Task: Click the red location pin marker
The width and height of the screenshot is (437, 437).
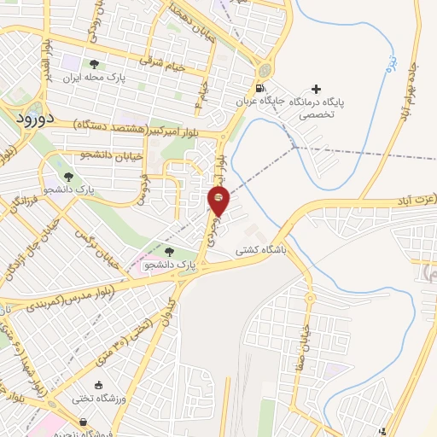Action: [218, 201]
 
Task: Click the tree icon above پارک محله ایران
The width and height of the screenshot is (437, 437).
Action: [95, 64]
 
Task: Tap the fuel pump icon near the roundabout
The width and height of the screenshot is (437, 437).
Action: [259, 89]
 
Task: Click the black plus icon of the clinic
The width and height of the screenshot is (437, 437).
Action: [318, 89]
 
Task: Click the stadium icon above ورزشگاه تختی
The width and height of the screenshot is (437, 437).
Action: [99, 385]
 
